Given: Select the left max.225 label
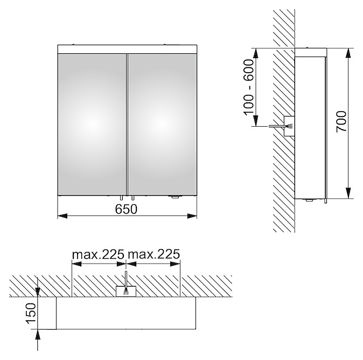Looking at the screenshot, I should click(98, 254).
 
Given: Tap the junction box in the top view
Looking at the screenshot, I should click(125, 291).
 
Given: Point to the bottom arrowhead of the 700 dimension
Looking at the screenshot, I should click(349, 195).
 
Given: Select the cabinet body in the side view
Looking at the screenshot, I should click(311, 124).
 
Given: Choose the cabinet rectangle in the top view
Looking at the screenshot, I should click(125, 313).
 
